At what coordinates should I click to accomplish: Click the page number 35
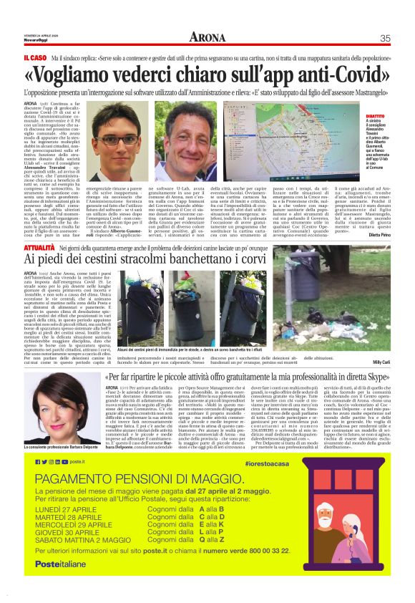click(x=384, y=38)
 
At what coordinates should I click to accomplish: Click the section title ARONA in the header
click(x=207, y=37)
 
